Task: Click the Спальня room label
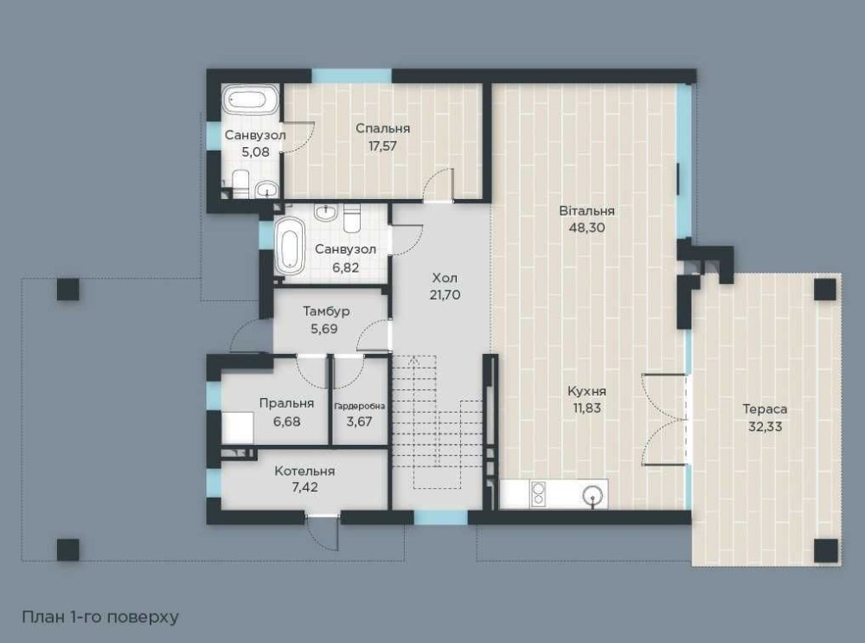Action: click(382, 129)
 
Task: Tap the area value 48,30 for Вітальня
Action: click(586, 228)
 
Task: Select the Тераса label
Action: click(765, 409)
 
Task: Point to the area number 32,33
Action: click(765, 427)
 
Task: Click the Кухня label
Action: click(586, 391)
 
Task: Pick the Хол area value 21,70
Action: click(445, 295)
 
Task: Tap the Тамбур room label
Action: click(326, 312)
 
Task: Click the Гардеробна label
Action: click(359, 407)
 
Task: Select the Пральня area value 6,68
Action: click(286, 421)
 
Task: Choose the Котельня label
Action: click(304, 472)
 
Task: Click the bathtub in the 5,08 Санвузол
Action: click(252, 100)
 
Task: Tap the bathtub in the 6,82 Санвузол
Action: click(290, 246)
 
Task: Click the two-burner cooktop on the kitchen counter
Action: click(538, 493)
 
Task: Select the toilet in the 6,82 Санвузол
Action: click(351, 217)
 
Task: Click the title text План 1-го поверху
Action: click(100, 616)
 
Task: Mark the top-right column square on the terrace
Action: click(825, 290)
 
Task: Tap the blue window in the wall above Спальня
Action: click(352, 76)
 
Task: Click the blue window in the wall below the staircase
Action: click(441, 518)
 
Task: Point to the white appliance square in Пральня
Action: click(238, 428)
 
